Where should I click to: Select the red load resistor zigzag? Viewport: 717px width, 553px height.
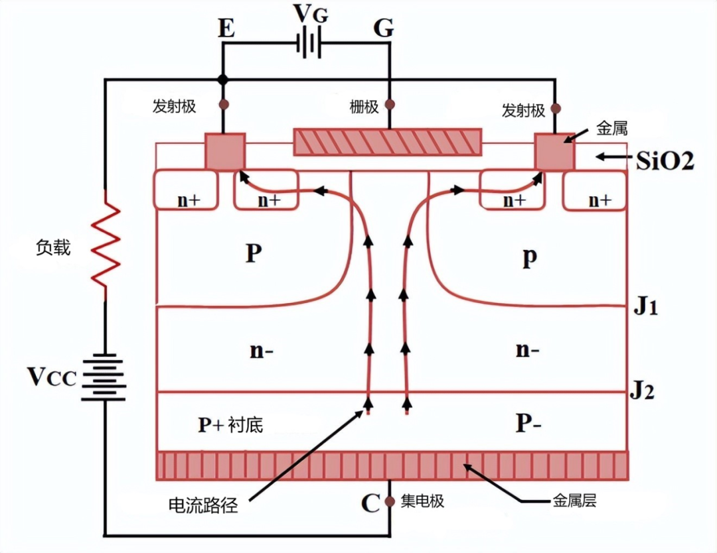pos(105,245)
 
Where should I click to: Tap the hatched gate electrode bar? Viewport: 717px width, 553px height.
pos(388,142)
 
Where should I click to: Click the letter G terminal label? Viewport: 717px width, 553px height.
pos(384,28)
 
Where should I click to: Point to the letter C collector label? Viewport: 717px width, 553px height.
pos(370,504)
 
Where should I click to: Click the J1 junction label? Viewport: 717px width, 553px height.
pos(644,308)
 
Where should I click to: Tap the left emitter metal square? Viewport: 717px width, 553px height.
pos(224,151)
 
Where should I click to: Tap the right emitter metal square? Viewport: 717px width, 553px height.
pos(555,151)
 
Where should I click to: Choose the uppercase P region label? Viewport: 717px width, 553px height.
pos(252,255)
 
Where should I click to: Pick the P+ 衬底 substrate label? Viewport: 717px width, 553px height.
pos(230,424)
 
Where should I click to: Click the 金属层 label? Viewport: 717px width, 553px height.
pos(574,501)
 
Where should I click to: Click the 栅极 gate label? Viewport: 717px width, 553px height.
pos(364,106)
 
